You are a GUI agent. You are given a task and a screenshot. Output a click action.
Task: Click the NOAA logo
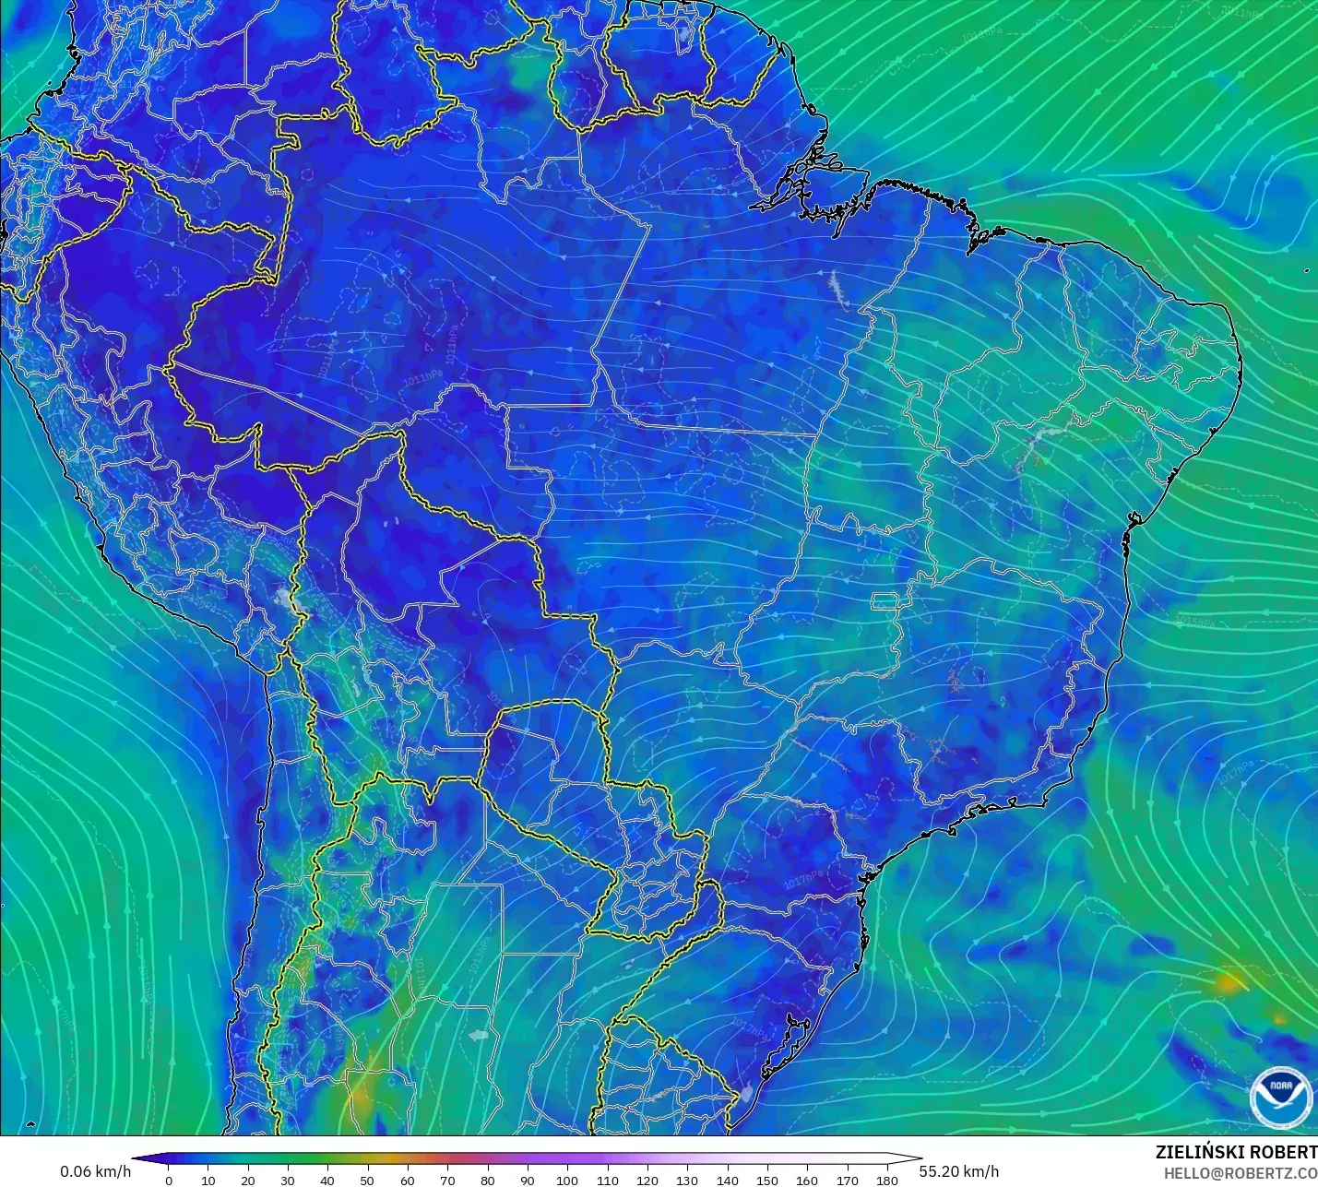point(1280,1097)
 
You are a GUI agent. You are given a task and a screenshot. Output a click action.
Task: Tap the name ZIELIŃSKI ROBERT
point(1236,1152)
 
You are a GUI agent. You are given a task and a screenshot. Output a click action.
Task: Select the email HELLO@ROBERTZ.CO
point(1240,1173)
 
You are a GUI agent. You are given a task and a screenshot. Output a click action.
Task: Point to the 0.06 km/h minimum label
point(96,1171)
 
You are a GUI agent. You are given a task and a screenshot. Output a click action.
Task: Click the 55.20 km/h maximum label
point(958,1171)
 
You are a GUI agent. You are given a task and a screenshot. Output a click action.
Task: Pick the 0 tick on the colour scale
point(168,1180)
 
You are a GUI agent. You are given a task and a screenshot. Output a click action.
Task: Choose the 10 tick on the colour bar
point(208,1180)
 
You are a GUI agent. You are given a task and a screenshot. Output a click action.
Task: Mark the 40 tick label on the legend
point(327,1180)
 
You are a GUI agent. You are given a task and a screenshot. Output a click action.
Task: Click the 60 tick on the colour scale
point(408,1180)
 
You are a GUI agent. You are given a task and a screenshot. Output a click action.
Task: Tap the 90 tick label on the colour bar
point(528,1180)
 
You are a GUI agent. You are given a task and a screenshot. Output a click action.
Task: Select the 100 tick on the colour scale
point(567,1180)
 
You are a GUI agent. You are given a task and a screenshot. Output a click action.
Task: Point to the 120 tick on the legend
point(647,1180)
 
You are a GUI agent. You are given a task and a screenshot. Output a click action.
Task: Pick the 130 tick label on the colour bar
point(687,1180)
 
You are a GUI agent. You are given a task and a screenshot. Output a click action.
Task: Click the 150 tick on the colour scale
point(767,1180)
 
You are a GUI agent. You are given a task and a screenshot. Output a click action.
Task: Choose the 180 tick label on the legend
point(887,1180)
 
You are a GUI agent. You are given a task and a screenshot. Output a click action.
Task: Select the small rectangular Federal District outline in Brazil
point(886,602)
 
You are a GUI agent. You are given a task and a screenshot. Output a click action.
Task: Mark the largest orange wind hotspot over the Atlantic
point(1228,982)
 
